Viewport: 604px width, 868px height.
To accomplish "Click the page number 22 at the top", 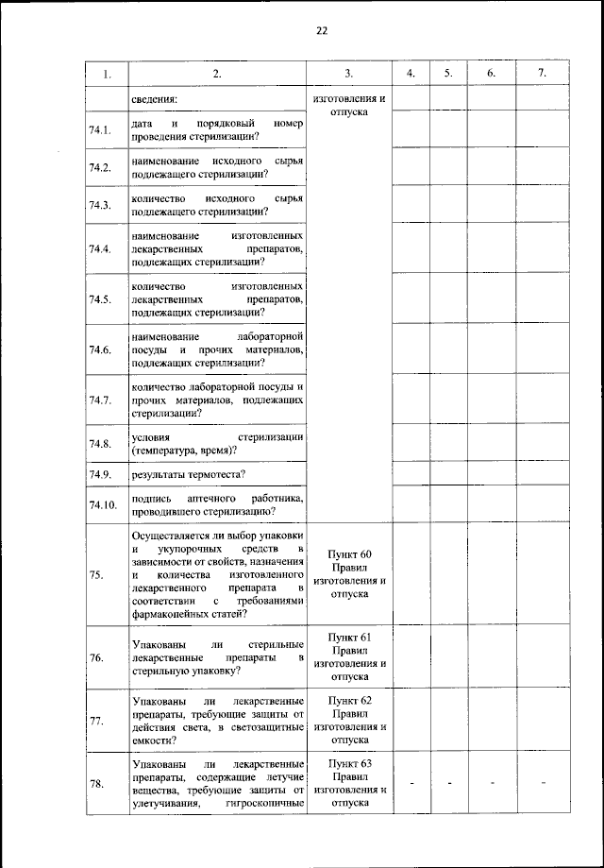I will coord(322,31).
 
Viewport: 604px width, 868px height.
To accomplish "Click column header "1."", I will coord(107,74).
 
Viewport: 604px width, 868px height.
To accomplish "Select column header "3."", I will coord(348,74).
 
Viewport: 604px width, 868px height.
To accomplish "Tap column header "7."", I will coord(541,74).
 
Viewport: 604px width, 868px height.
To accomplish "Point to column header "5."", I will coord(448,74).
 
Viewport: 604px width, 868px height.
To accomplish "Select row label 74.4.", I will coord(101,249).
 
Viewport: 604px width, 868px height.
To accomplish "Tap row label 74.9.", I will coord(101,473).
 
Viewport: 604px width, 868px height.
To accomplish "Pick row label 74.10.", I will coord(103,504).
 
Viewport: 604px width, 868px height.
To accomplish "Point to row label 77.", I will coord(97,722).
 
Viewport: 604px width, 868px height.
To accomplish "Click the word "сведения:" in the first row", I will coord(156,97).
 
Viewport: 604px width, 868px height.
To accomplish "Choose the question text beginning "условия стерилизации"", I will coord(217,443).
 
